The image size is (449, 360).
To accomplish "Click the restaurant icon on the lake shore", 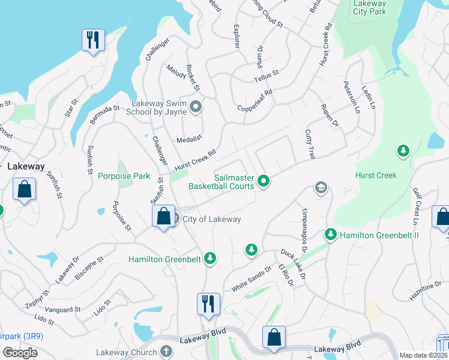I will coord(93,40).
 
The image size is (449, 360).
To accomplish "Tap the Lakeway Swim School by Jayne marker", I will coord(195,107).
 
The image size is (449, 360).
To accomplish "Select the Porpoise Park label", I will coord(125,176).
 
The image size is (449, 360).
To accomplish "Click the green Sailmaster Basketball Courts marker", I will coord(263,181).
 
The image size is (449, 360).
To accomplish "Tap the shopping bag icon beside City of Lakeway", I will coord(163,216).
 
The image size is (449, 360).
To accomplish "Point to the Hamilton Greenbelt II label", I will coord(379,235).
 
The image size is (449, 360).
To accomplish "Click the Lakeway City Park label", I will coord(369,8).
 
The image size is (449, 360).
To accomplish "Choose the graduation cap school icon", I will coord(321,188).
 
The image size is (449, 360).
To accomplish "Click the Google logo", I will coord(20,353).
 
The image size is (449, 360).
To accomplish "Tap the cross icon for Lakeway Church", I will coord(166,352).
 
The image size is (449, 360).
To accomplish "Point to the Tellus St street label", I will coord(267,76).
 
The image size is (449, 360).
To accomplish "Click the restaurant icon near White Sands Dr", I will coord(208,303).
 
